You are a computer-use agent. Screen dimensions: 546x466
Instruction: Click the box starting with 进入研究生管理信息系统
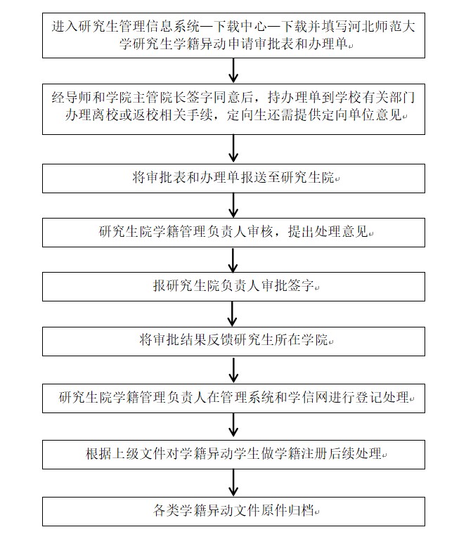coord(233,35)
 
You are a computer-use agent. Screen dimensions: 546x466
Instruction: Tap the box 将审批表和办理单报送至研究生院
coord(233,178)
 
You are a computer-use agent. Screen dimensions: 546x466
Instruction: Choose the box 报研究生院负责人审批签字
coord(233,287)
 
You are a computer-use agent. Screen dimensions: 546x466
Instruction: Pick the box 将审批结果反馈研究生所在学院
coord(233,341)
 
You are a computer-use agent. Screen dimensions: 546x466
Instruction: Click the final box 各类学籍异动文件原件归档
coord(233,510)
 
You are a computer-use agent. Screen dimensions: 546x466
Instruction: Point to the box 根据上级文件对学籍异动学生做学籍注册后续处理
coord(233,454)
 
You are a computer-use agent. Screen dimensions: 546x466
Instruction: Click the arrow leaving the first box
coord(234,70)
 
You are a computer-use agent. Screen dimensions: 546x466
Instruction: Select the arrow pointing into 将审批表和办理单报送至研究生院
coord(234,149)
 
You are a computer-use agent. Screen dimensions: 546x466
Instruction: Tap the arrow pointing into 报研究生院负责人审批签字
coord(234,259)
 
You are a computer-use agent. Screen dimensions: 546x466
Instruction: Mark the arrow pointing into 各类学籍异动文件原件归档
coord(234,482)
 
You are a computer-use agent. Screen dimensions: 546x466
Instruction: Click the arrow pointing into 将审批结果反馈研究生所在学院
coord(234,314)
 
